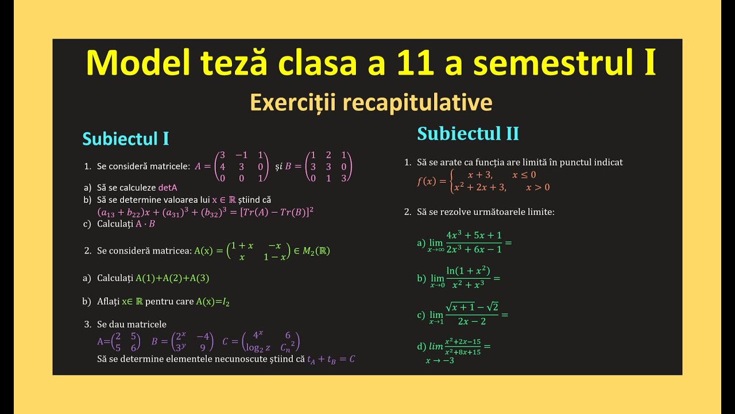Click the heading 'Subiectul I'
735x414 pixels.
(126, 139)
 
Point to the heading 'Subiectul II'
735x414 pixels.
(468, 133)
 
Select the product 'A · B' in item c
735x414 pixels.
(145, 224)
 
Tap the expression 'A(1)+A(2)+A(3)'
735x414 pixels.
(172, 278)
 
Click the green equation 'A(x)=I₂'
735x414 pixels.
(212, 301)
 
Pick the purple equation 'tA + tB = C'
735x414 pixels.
(331, 359)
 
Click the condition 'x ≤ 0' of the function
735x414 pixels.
(524, 175)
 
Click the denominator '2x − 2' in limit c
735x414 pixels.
(472, 321)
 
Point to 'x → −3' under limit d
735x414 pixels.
(439, 361)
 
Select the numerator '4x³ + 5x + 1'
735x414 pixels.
(474, 235)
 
